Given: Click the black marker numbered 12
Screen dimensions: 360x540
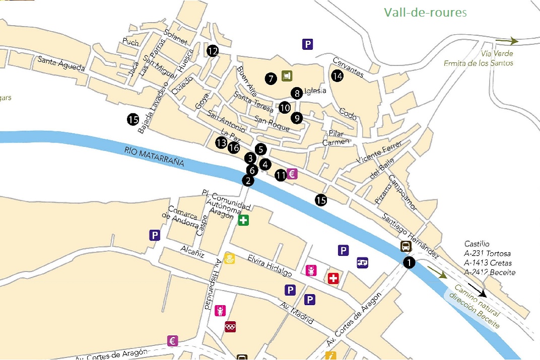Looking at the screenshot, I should pos(213,50).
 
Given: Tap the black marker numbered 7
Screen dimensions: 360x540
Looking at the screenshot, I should pos(271,78).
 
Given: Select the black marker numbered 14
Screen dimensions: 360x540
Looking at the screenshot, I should pos(337,76).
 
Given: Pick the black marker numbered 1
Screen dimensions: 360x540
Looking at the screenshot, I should pos(409,262).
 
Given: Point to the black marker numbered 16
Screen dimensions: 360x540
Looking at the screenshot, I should pos(233,148).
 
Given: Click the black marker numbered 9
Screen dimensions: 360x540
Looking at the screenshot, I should pos(297,118).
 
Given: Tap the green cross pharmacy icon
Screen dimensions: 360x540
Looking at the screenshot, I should pos(244,220).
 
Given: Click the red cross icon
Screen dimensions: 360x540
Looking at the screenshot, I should pos(333,278).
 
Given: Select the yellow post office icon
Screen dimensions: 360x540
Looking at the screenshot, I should pos(229,259).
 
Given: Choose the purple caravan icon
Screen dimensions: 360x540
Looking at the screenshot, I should pos(363,262).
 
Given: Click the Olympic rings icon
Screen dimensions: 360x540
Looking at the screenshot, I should pos(230,327).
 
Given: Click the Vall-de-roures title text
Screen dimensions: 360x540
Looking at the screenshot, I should pos(426,12).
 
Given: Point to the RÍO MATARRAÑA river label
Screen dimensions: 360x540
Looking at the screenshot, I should pos(155,156).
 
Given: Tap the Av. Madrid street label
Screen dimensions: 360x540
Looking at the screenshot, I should pos(297,313).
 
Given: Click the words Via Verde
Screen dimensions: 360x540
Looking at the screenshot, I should pos(497,53).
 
